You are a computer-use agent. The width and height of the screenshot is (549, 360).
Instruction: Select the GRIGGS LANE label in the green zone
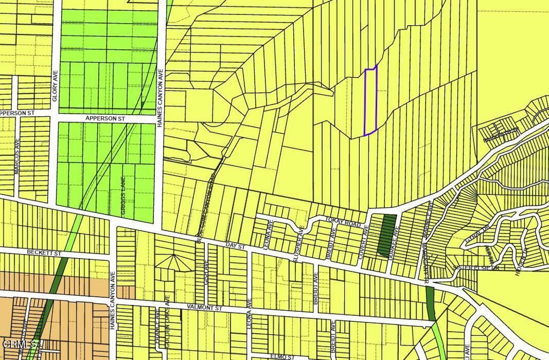(124, 196)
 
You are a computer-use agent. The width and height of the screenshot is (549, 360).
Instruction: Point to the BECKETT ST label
(44, 252)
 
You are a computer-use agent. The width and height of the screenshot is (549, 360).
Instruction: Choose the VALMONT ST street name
(204, 308)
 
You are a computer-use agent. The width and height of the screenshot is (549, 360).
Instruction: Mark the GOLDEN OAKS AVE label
(167, 315)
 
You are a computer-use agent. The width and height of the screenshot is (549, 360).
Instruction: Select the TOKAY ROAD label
(346, 223)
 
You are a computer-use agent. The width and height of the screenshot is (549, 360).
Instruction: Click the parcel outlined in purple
(370, 102)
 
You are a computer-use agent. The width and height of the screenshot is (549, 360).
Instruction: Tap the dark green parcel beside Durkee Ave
(387, 236)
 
